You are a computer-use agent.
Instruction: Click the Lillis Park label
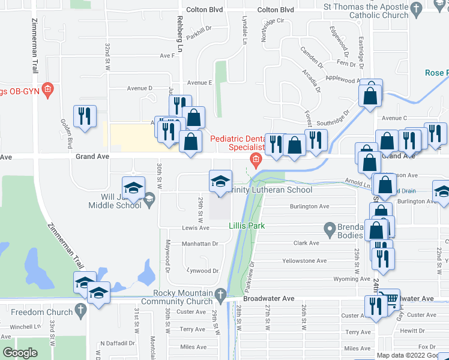point(246,226)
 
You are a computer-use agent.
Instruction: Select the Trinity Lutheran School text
point(265,190)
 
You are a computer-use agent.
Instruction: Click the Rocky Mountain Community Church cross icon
point(221,293)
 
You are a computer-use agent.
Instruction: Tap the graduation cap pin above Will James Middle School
point(133,187)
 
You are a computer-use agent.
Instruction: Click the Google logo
point(20,353)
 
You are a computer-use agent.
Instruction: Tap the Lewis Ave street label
point(196,228)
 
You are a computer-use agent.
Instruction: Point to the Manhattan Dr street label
point(200,244)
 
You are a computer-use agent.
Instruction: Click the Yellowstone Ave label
point(304,261)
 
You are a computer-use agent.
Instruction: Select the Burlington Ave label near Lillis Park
point(310,206)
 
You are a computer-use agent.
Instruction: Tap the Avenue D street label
point(139,88)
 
